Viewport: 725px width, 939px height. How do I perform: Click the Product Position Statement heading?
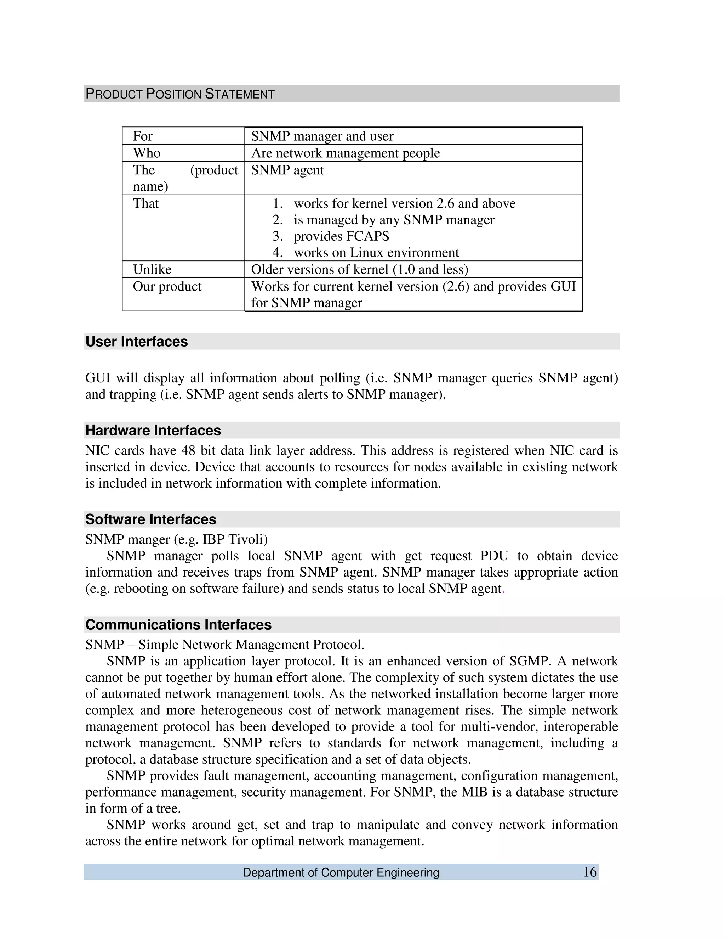click(x=180, y=94)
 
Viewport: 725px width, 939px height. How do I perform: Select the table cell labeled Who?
click(x=147, y=153)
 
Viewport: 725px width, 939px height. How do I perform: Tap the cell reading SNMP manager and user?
click(x=322, y=136)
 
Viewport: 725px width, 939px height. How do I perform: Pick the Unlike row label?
click(x=152, y=270)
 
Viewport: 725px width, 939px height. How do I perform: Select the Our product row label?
click(x=167, y=286)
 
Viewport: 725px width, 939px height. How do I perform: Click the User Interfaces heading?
click(x=137, y=342)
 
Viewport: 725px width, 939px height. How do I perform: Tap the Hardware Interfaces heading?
click(x=153, y=431)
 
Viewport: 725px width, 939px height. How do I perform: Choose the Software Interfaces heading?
click(x=151, y=519)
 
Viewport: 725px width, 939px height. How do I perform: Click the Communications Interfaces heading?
click(x=178, y=625)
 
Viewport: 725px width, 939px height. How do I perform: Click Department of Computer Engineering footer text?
click(x=341, y=873)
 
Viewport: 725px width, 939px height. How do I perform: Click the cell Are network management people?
click(x=345, y=153)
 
